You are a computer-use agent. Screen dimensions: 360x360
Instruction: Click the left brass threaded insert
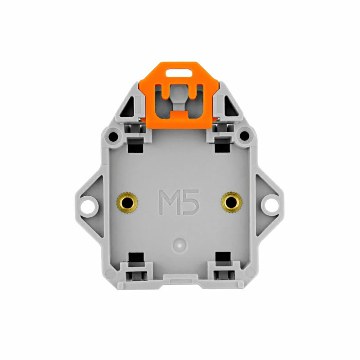(x=127, y=203)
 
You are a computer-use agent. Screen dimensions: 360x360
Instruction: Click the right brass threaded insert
(x=231, y=202)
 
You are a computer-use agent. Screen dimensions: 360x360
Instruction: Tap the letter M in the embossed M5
(x=170, y=202)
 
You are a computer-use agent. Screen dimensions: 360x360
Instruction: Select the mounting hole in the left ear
(x=88, y=207)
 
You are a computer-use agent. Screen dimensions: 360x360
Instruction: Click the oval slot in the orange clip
(x=179, y=73)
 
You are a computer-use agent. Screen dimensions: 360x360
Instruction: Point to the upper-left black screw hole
(x=113, y=137)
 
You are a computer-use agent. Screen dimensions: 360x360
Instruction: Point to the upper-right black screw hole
(x=244, y=136)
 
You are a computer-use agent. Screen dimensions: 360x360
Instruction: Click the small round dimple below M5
(x=180, y=245)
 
